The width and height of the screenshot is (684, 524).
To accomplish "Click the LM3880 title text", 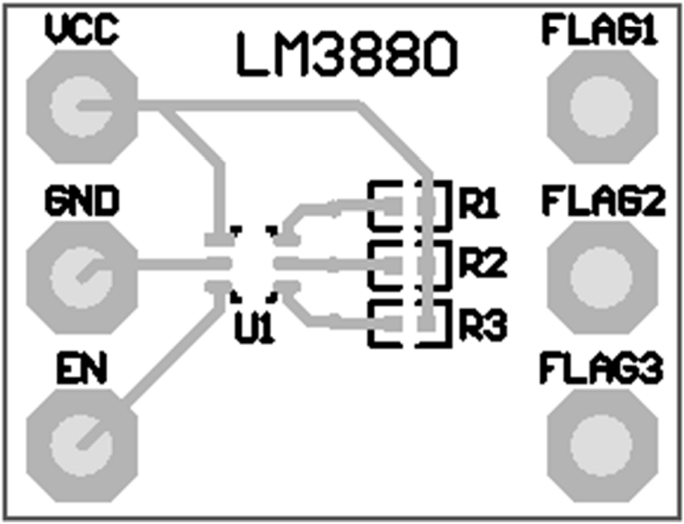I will pyautogui.click(x=347, y=55).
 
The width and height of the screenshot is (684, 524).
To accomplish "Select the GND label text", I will pyautogui.click(x=81, y=202).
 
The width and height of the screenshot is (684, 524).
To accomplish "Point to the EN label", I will pyautogui.click(x=82, y=369).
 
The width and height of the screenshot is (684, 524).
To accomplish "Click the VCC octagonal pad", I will pyautogui.click(x=82, y=107).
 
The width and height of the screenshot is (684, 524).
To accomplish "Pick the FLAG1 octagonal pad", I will pyautogui.click(x=601, y=107).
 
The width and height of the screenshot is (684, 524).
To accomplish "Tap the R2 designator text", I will pyautogui.click(x=482, y=265).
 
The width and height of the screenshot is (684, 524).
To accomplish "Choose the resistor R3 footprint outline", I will pyautogui.click(x=410, y=323).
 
